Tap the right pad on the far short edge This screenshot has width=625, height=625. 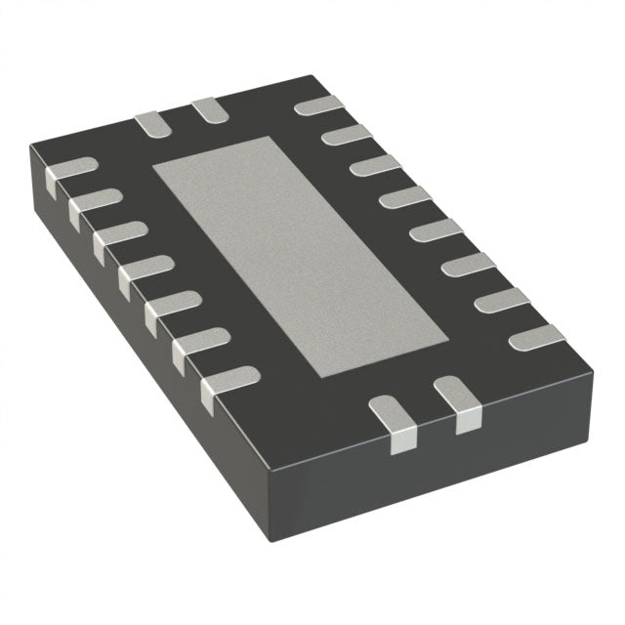(207, 110)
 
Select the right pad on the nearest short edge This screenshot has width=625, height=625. (457, 404)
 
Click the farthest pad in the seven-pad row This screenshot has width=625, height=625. (69, 168)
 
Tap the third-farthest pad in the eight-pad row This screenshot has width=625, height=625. (374, 165)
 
